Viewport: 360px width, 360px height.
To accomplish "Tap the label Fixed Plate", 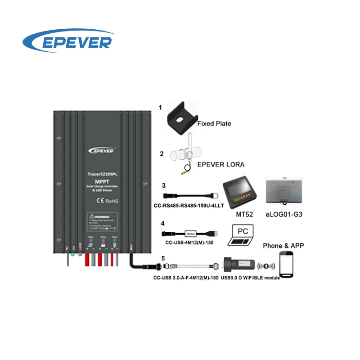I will [215, 122].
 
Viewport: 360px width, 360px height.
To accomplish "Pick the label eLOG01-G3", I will [283, 214].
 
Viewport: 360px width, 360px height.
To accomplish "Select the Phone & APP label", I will [283, 245].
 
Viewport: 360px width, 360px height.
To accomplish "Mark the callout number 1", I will [160, 108].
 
